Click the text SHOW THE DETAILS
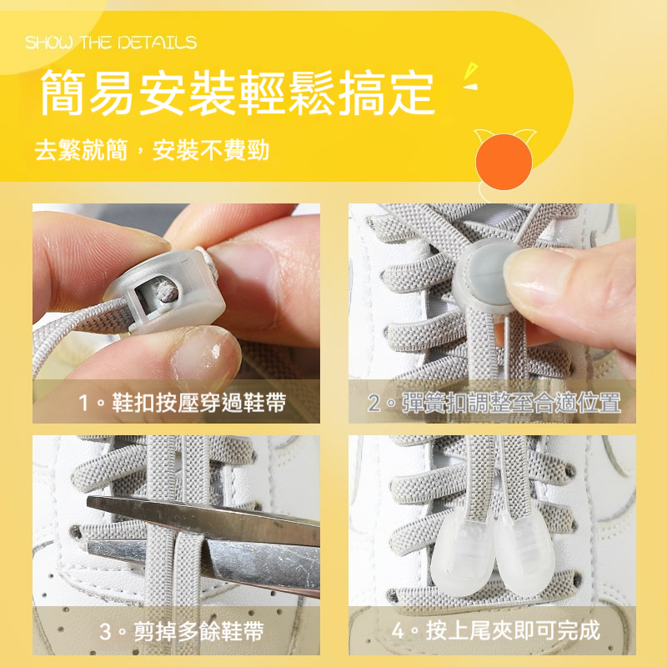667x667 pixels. [x=111, y=43]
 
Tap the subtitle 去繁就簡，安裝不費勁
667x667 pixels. [x=152, y=151]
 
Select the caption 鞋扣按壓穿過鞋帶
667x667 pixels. [x=183, y=404]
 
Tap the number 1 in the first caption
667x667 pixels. [x=84, y=404]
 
